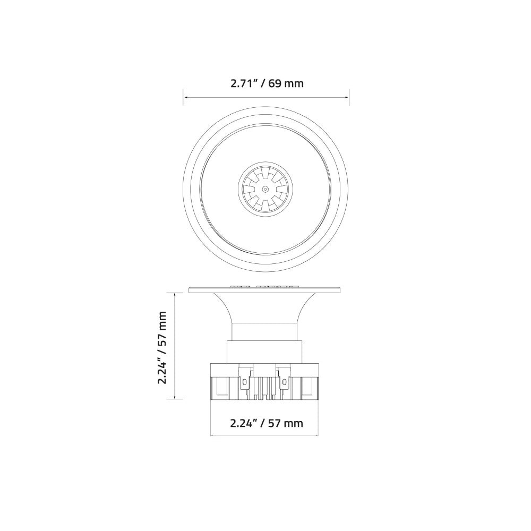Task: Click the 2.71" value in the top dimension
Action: pos(243,83)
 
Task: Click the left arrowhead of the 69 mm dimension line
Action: pos(185,97)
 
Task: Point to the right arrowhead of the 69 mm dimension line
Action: pos(347,97)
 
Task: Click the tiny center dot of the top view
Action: pos(265,189)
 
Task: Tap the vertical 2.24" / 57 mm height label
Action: pos(162,347)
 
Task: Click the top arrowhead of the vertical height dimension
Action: pos(176,294)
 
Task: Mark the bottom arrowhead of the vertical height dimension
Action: pos(176,397)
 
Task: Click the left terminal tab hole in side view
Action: pos(245,381)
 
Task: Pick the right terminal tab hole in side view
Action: pos(285,381)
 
